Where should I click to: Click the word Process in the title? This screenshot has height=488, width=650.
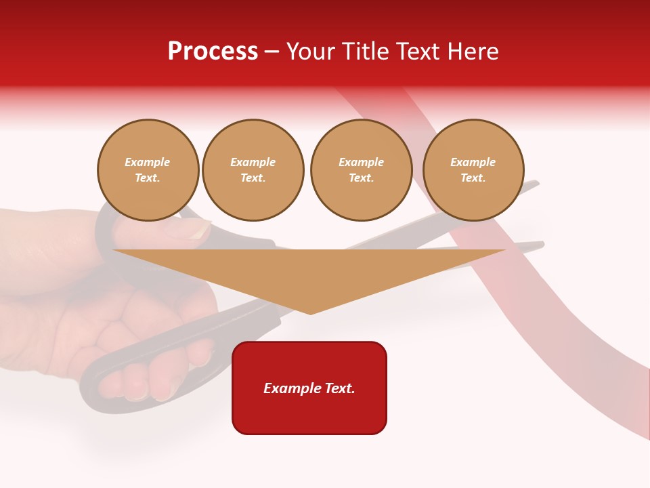coord(213,52)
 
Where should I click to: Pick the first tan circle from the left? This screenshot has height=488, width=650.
coord(148,170)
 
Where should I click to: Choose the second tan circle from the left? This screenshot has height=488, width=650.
coord(253,170)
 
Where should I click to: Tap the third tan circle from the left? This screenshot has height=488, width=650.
coord(362,170)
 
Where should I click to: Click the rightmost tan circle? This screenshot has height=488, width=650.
coord(473,170)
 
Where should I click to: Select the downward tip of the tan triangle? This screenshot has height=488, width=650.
coord(310,312)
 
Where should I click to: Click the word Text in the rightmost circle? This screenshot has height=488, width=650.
coord(472,178)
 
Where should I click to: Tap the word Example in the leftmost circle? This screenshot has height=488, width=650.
coord(148,163)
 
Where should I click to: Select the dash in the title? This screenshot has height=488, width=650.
coord(272,52)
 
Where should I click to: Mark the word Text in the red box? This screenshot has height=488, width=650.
coord(339,388)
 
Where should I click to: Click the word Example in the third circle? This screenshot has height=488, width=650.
coord(362,163)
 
